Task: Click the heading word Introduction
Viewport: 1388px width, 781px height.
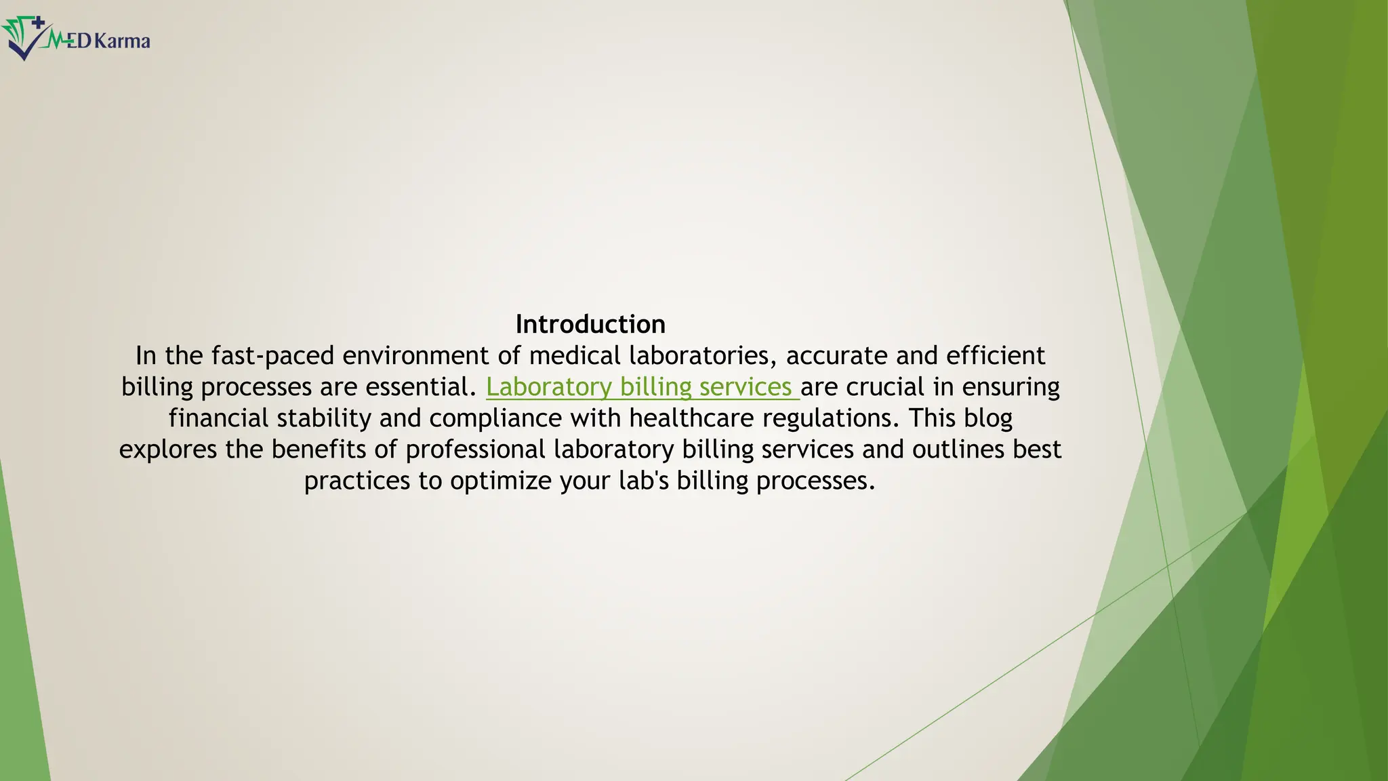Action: click(x=590, y=324)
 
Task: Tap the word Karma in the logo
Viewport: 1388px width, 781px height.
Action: click(x=122, y=41)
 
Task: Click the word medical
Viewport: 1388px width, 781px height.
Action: click(x=575, y=356)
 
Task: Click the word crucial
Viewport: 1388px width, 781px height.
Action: click(x=885, y=387)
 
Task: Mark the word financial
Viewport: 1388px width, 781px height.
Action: click(x=219, y=418)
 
